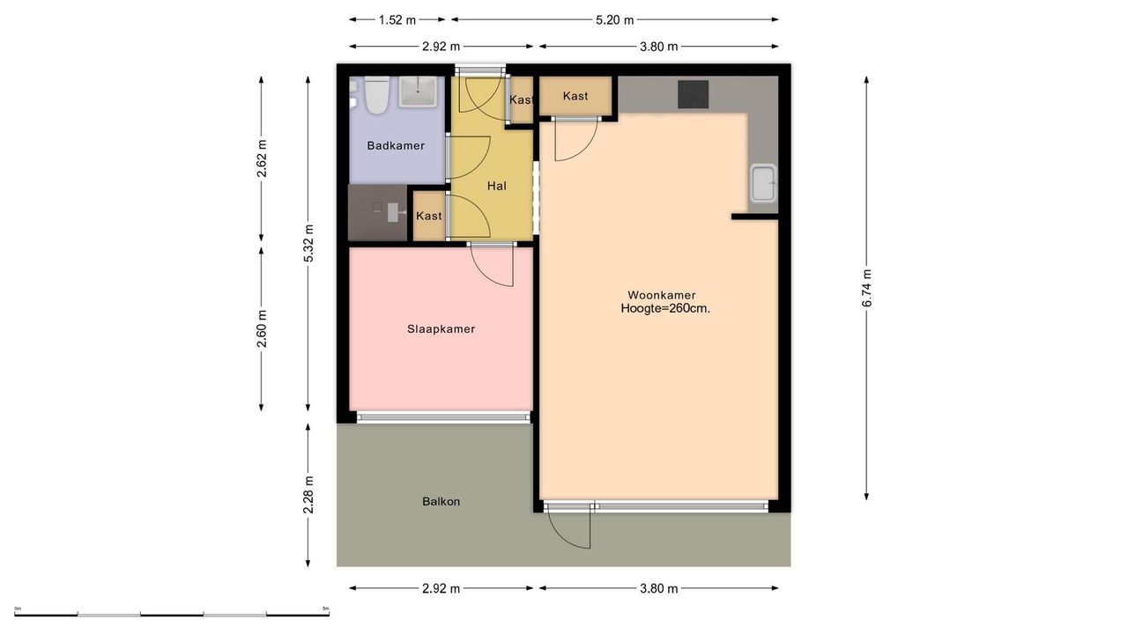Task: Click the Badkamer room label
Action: click(396, 145)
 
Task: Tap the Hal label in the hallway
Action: click(497, 186)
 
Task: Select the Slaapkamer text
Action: click(441, 328)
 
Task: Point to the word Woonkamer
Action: click(661, 295)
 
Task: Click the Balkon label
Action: click(441, 501)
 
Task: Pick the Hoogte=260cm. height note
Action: click(665, 309)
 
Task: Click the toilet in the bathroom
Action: click(377, 96)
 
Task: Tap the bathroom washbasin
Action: click(418, 92)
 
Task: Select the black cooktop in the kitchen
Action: click(693, 94)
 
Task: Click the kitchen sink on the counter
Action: click(762, 183)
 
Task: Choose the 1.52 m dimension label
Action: click(397, 19)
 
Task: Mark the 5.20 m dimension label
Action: click(614, 19)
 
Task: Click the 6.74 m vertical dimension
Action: click(867, 288)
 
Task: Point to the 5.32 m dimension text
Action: click(308, 243)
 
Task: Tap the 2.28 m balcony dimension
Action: click(308, 494)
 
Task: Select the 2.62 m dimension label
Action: click(262, 158)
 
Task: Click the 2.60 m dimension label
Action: click(262, 328)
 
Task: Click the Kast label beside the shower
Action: click(429, 216)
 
